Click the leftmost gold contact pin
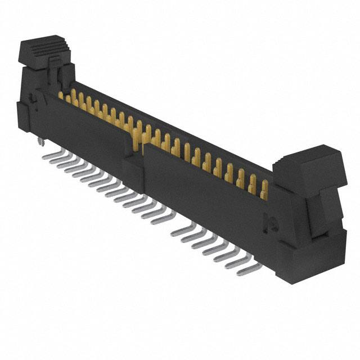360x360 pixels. click(61, 96)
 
